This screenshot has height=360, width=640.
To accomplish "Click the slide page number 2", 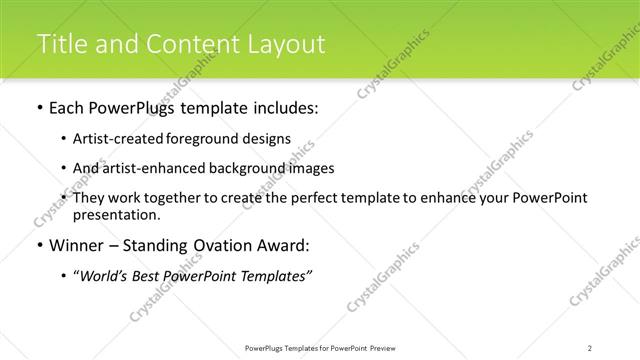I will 590,348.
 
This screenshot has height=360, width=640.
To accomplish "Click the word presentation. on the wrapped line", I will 115,214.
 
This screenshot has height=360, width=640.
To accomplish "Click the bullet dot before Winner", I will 38,245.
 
